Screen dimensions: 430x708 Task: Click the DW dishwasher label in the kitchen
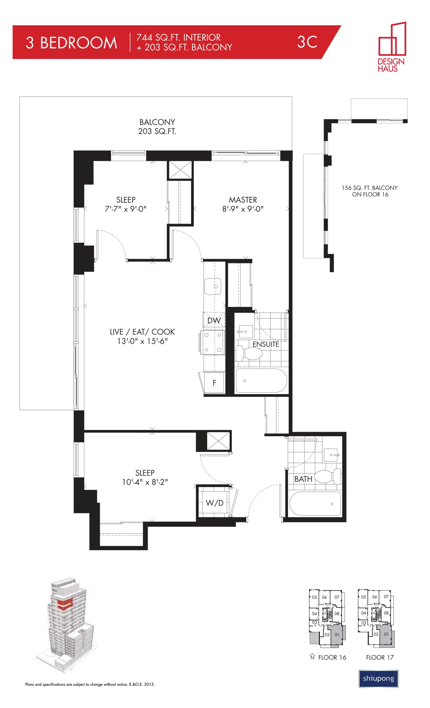pos(214,320)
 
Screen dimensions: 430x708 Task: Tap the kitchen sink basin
pos(213,286)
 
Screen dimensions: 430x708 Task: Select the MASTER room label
pos(243,200)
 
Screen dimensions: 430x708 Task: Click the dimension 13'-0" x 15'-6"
pos(142,341)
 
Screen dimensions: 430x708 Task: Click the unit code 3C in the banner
pos(307,42)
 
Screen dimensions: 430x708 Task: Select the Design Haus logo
pos(392,46)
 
